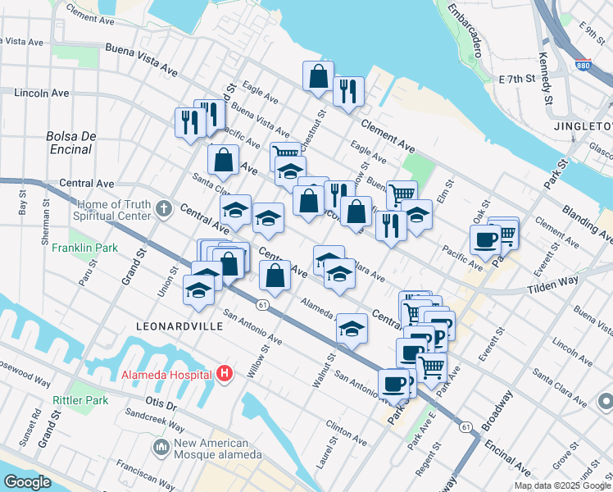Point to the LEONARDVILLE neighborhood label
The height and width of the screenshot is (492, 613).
(167, 326)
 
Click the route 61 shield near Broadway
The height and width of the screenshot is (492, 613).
(466, 426)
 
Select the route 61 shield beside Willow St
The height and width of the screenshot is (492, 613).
(261, 304)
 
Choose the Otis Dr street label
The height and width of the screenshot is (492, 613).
(161, 405)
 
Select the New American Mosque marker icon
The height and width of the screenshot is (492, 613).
(161, 447)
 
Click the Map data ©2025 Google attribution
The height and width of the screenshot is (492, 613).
(561, 485)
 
